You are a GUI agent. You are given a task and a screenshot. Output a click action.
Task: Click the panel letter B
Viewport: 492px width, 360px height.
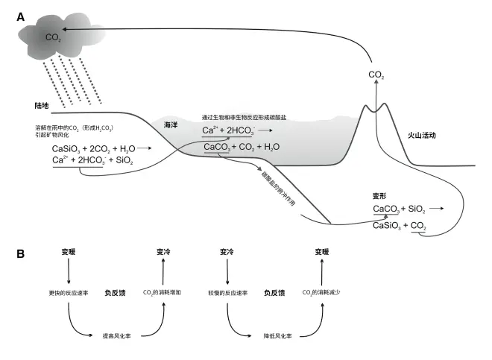21,254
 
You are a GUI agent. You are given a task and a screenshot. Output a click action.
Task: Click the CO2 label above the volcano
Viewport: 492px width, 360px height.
377,75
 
